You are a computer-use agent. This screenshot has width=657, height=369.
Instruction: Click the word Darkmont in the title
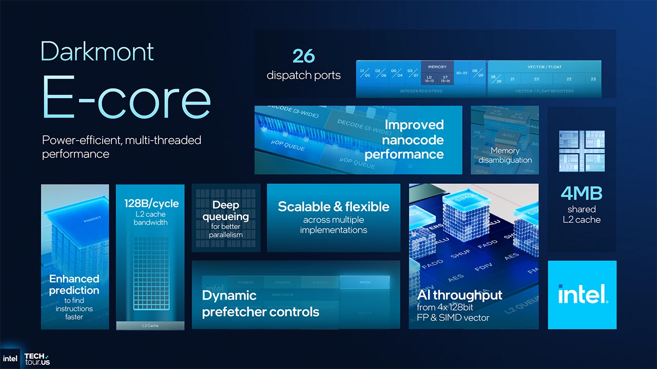coord(97,51)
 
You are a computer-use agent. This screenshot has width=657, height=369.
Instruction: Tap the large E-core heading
coord(126,98)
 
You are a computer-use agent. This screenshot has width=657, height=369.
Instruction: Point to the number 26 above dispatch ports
coord(303,56)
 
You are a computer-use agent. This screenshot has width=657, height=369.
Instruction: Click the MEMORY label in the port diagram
coord(437,67)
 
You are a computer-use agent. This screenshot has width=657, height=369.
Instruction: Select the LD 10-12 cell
coord(429,79)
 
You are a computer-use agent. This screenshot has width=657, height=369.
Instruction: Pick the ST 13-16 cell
coord(446,79)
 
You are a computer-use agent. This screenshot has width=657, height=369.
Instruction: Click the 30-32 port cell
coord(461,73)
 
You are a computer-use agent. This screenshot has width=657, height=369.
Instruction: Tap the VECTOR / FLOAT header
coord(544,67)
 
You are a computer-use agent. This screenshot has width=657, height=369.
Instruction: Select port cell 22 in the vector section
coord(569,79)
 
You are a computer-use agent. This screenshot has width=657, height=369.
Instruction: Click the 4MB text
coord(582,193)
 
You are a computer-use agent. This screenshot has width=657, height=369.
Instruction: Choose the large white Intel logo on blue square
coord(582,295)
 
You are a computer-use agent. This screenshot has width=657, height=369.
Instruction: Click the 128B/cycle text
coord(151,203)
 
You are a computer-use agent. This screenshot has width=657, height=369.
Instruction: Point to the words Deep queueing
coord(225,211)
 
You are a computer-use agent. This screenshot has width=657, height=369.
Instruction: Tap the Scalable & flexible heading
coord(333,207)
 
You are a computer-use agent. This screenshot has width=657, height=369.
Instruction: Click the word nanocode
coord(413,139)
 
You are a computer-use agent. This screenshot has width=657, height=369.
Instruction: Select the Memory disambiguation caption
coord(505,155)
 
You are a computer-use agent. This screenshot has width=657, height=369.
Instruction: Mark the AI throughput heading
coord(459,295)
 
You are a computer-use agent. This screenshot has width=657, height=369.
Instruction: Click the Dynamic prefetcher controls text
coord(260,303)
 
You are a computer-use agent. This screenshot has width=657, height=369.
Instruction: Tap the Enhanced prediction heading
coord(74,284)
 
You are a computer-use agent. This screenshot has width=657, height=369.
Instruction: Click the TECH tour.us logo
coord(37,359)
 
